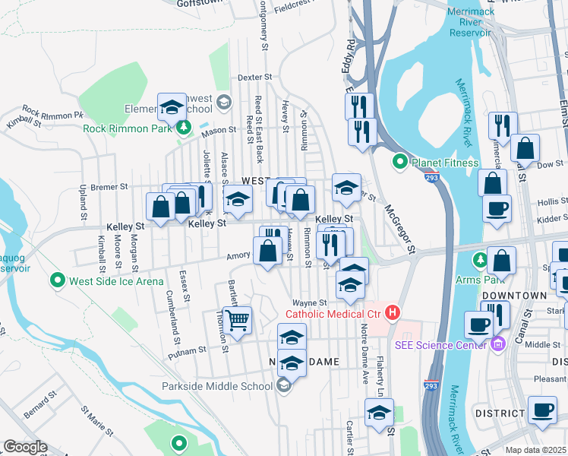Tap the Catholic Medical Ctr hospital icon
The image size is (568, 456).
[393, 312]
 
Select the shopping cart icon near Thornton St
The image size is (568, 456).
[238, 320]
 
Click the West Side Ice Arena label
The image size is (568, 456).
[116, 281]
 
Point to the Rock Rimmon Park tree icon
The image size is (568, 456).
[183, 128]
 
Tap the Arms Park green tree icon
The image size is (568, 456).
[481, 261]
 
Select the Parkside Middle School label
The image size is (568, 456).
[217, 386]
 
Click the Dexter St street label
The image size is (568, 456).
[254, 78]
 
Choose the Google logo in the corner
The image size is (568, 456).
[25, 447]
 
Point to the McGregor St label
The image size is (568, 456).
[400, 228]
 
